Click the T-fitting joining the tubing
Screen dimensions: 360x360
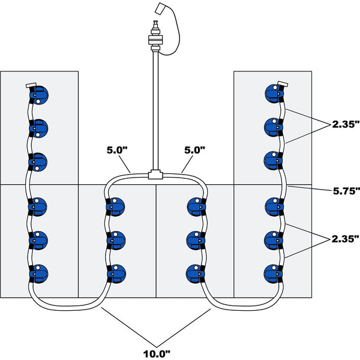tap(155, 175)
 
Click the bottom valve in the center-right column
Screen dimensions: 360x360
tap(196, 273)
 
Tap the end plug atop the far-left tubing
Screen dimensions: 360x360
tap(31, 85)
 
